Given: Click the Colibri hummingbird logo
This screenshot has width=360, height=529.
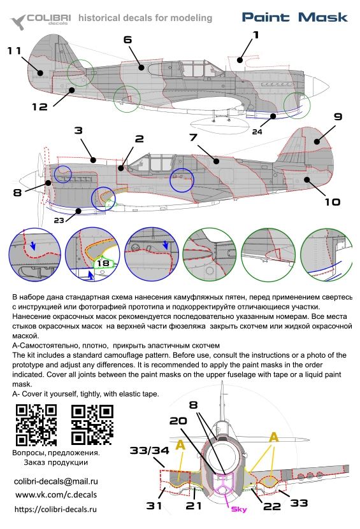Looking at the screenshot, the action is pos(18,22).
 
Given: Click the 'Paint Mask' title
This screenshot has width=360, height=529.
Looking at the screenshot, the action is pos(295,17).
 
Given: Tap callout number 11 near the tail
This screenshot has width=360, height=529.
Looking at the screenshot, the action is pos(15,50).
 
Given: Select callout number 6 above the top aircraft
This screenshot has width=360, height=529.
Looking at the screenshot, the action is pos(127,40).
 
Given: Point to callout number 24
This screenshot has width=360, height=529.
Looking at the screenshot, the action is pos(257,132).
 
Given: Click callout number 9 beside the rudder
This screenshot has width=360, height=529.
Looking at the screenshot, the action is pos(338,116).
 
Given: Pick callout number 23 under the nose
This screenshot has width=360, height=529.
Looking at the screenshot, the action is pos(59,220).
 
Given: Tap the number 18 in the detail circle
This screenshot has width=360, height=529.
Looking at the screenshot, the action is pos(103,263).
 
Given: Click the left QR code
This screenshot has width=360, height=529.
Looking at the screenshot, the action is pos(36,425).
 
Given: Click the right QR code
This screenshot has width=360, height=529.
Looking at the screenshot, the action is pos(92,425).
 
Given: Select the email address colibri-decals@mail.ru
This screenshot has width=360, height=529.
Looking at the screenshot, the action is pos(55,481).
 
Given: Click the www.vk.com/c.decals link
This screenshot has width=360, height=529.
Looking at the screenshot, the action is pos(56,495).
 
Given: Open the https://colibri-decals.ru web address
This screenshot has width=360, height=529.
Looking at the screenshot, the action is pos(55,509).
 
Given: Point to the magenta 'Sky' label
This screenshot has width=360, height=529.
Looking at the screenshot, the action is pos(239,509).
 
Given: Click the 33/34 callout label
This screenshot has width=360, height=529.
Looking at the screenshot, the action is pos(149,451).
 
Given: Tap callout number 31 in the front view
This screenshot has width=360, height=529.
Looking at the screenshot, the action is pos(154,505).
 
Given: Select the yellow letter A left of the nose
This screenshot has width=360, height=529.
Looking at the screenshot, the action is pos(181,446).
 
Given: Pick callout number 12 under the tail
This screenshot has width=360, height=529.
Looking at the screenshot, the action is pos(40,107).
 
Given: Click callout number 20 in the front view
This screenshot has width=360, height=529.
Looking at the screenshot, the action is pos(178,421).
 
